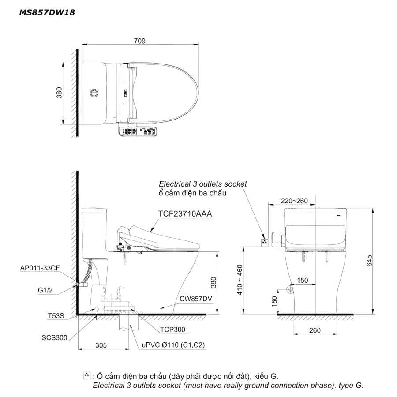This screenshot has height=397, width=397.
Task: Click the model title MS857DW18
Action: click(x=47, y=12)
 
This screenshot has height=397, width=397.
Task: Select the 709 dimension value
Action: click(x=139, y=41)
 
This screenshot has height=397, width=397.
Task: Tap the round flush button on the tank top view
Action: click(x=94, y=93)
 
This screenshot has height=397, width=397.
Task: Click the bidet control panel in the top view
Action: click(x=138, y=131)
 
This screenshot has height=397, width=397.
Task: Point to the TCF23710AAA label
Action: click(x=185, y=213)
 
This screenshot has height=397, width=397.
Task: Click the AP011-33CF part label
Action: click(x=40, y=268)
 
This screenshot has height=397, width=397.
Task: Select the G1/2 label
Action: click(x=45, y=290)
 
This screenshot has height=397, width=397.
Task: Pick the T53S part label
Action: click(x=56, y=316)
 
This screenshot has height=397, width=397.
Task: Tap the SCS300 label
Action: click(x=54, y=337)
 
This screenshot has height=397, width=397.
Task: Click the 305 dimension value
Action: click(x=101, y=345)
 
